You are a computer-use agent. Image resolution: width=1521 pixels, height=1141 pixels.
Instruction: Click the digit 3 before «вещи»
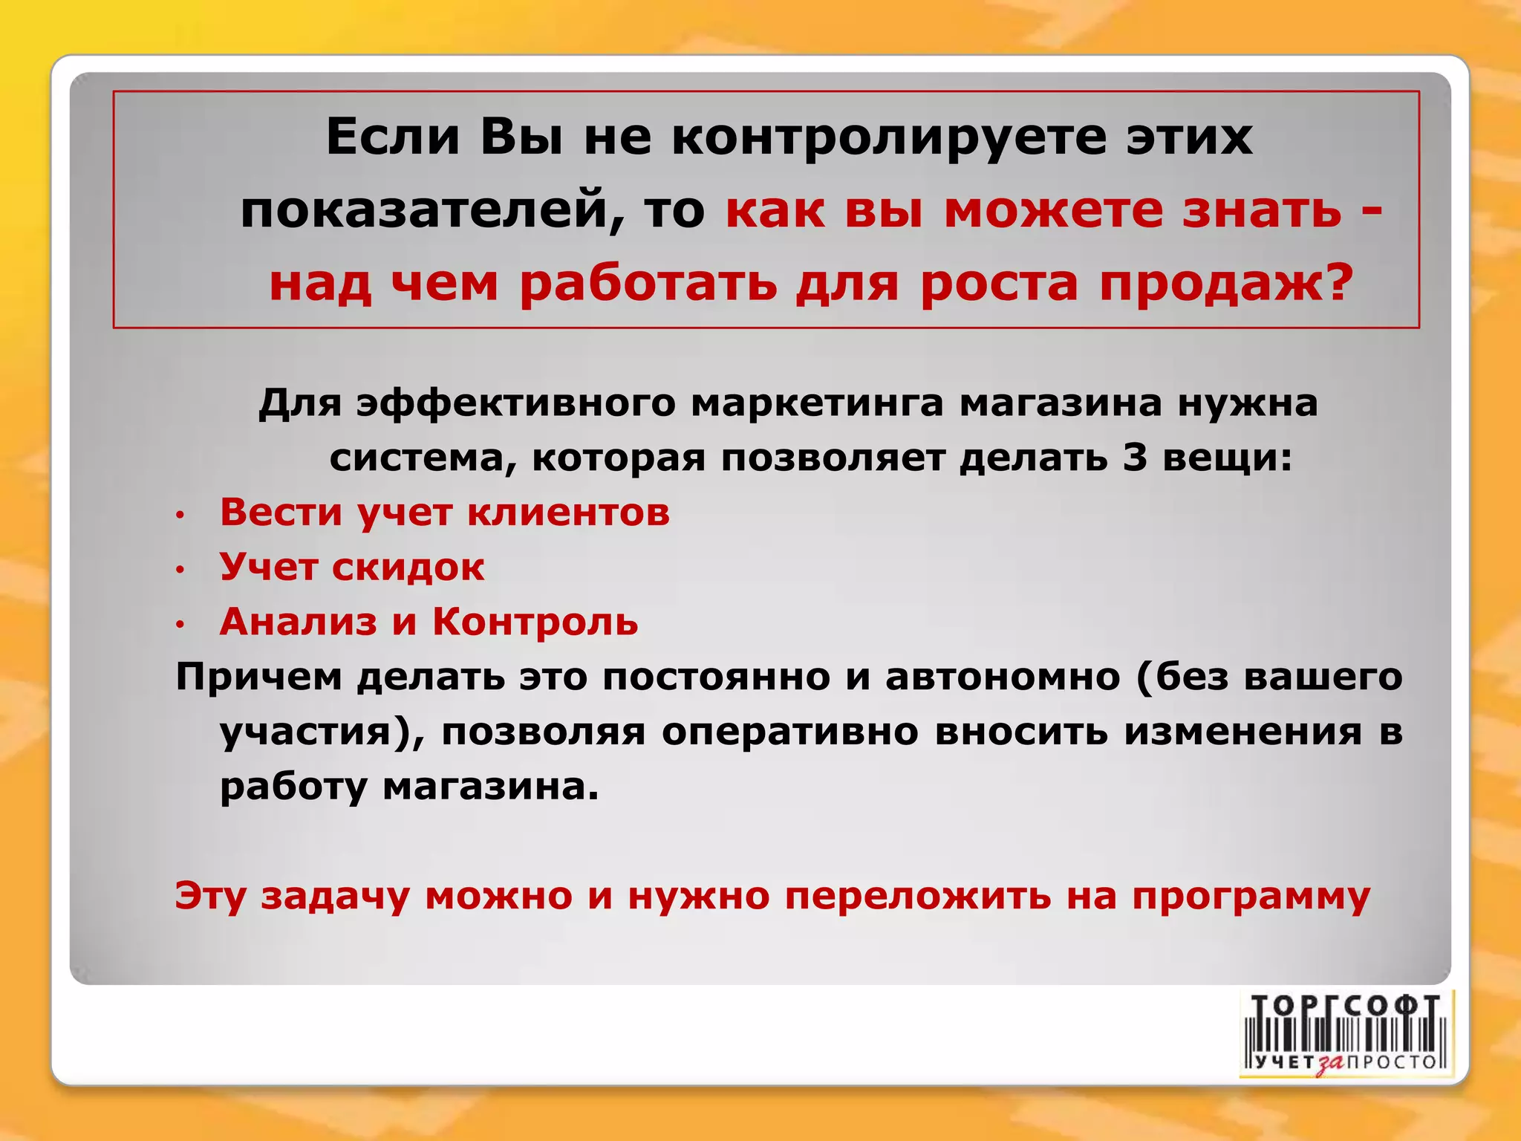click(1134, 458)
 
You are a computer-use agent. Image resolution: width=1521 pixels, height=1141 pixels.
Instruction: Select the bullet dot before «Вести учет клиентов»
click(179, 515)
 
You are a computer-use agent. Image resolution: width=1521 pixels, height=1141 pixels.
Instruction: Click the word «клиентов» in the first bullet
click(568, 513)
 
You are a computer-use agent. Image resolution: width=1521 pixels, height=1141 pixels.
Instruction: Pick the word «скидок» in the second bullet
click(408, 568)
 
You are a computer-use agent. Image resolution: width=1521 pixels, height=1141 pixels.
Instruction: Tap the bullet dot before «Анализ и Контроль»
click(179, 625)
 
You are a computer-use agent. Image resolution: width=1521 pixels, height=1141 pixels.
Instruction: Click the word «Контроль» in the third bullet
click(535, 622)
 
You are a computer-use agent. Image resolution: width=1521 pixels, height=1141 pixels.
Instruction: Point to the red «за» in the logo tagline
click(1331, 1064)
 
